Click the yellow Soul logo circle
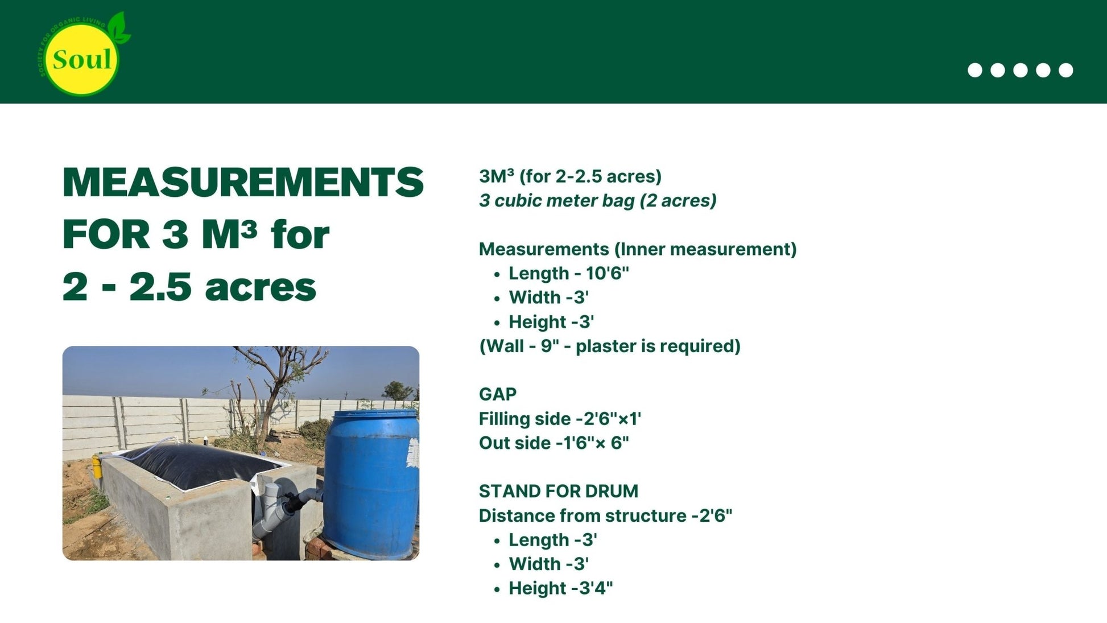pos(81,60)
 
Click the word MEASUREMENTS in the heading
pos(243,183)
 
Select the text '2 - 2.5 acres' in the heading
pos(189,287)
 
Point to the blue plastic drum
pos(371,484)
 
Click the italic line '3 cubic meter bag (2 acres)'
pos(597,201)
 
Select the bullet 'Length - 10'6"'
pos(569,274)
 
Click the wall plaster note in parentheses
pos(610,346)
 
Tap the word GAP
pos(498,394)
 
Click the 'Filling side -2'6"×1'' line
pos(560,419)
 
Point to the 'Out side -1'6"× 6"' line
pos(554,443)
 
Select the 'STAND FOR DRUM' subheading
pos(559,491)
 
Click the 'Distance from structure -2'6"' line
pos(605,516)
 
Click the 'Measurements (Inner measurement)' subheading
pos(638,249)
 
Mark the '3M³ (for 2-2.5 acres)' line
pos(570,176)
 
